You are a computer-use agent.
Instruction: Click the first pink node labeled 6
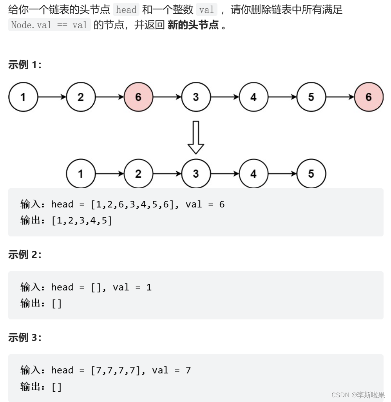pos(138,97)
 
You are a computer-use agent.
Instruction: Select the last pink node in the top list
pos(369,97)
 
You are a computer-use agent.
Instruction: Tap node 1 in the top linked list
pos(23,97)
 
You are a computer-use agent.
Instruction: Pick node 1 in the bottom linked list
pos(81,173)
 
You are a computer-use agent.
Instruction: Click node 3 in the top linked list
pos(196,97)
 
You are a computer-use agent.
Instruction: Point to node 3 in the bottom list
pos(196,173)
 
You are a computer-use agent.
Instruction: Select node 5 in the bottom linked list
pos(311,173)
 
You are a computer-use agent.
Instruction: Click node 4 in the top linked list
pos(253,97)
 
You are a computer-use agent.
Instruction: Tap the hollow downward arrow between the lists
pos(196,137)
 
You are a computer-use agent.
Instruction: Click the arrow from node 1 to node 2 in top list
pos(52,97)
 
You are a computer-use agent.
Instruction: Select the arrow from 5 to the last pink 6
pos(340,97)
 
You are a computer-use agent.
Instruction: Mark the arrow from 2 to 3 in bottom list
pos(167,173)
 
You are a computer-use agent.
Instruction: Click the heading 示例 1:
pos(25,65)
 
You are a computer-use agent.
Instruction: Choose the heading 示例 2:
pos(25,254)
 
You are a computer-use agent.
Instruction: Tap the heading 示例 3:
pos(25,337)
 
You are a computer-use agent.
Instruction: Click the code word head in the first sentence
pos(126,10)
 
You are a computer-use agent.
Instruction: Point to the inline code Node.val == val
pos(49,25)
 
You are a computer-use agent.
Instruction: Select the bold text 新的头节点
pos(193,25)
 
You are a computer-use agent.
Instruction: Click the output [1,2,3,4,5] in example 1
pos(82,220)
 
